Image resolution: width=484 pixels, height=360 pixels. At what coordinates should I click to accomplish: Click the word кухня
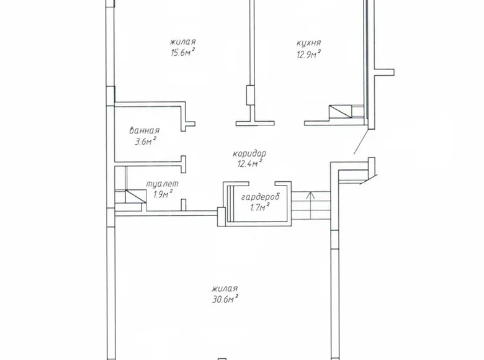pyautogui.click(x=308, y=43)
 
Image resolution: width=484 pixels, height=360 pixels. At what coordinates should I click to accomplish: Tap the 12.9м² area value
pyautogui.click(x=308, y=54)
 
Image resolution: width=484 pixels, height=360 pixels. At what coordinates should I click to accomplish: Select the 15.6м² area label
pyautogui.click(x=183, y=53)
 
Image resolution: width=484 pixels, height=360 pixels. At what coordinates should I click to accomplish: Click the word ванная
pyautogui.click(x=145, y=131)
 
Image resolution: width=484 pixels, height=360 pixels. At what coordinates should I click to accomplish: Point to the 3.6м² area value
pyautogui.click(x=145, y=142)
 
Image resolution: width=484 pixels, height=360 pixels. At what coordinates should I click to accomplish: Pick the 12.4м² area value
pyautogui.click(x=250, y=164)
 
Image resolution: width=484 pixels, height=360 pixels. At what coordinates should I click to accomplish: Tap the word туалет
pyautogui.click(x=162, y=184)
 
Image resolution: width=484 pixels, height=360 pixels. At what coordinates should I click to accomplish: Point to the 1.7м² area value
pyautogui.click(x=257, y=207)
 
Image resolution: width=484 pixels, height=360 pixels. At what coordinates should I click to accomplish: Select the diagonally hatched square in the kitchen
pyautogui.click(x=339, y=112)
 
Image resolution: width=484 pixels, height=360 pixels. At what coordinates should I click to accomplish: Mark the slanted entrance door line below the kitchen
pyautogui.click(x=361, y=142)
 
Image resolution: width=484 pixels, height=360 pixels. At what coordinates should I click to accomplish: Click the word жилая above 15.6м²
pyautogui.click(x=182, y=42)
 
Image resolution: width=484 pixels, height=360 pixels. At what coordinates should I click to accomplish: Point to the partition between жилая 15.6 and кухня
pyautogui.click(x=251, y=50)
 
